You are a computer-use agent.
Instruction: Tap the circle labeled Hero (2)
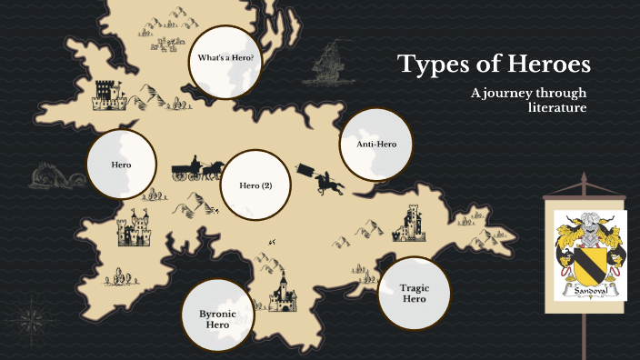point(255,185)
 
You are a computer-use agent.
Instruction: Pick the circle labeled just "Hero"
point(121,165)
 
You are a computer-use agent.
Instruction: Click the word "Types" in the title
point(434,65)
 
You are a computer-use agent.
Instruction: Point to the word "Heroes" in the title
point(545,65)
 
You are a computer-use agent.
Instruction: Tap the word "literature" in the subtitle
point(557,108)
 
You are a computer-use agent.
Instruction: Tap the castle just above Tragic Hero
point(409,225)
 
